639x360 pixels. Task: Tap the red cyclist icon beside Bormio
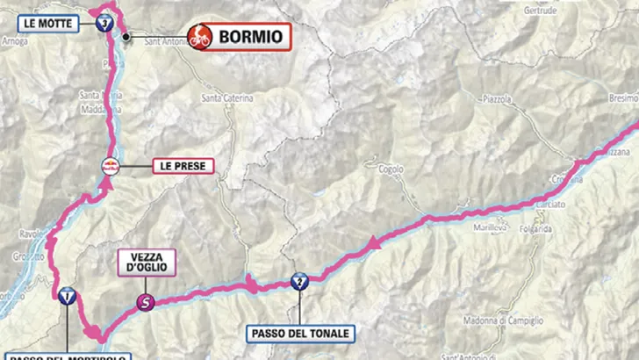[x=201, y=37]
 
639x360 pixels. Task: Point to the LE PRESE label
[x=179, y=165]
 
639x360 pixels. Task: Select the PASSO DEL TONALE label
[x=300, y=334]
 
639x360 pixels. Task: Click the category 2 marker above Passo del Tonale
[x=300, y=281]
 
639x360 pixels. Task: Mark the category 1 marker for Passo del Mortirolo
[x=67, y=296]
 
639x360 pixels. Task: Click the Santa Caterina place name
[x=227, y=98]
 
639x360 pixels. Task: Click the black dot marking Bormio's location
[x=126, y=37]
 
